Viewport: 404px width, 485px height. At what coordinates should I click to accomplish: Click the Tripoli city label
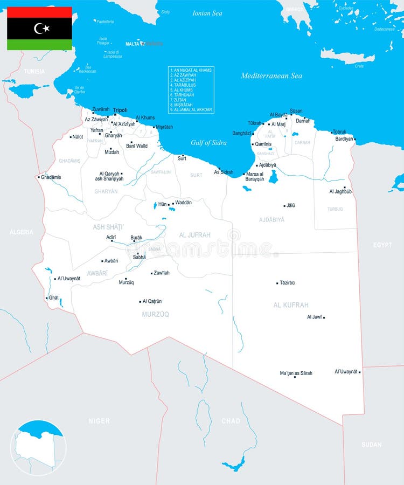[120, 110]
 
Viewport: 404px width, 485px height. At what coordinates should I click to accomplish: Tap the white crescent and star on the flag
[41, 28]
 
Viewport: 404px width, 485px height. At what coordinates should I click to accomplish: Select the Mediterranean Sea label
[271, 76]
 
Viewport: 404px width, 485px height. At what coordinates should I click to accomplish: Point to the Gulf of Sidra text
[208, 143]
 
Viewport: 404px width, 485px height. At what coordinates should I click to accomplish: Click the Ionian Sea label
[207, 13]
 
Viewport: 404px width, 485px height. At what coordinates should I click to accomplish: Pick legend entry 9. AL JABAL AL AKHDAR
[191, 110]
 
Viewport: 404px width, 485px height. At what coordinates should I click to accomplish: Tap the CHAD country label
[231, 421]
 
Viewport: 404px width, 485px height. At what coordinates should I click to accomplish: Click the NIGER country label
[99, 421]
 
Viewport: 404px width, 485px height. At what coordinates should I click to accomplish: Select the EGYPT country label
[382, 245]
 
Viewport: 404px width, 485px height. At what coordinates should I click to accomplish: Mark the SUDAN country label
[372, 445]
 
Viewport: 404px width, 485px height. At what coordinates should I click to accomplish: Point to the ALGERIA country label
[21, 232]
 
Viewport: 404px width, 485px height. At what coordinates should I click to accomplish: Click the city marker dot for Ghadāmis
[39, 177]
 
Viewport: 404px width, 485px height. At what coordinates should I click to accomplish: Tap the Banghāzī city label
[242, 133]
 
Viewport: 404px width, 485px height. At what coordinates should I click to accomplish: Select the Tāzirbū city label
[287, 282]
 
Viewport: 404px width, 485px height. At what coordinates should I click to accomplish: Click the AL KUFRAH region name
[291, 305]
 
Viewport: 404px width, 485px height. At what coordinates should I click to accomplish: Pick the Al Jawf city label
[314, 317]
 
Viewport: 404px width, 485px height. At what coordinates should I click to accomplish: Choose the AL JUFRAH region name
[194, 235]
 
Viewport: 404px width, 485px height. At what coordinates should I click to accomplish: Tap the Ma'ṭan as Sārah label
[296, 373]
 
